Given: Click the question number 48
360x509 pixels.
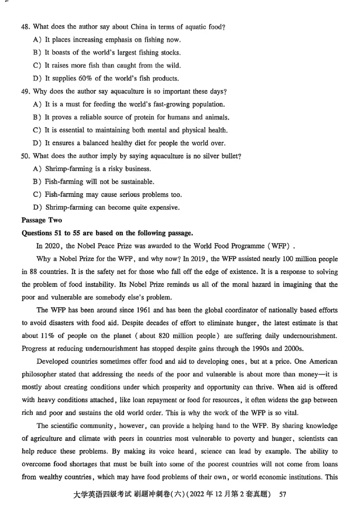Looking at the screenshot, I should click(x=26, y=27).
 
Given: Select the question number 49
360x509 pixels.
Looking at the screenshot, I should click(x=26, y=92).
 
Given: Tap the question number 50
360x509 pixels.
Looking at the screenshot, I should click(x=26, y=156).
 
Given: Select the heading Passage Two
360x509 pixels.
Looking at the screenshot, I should click(x=42, y=220).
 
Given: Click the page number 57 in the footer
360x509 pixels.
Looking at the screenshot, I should click(x=283, y=495).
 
